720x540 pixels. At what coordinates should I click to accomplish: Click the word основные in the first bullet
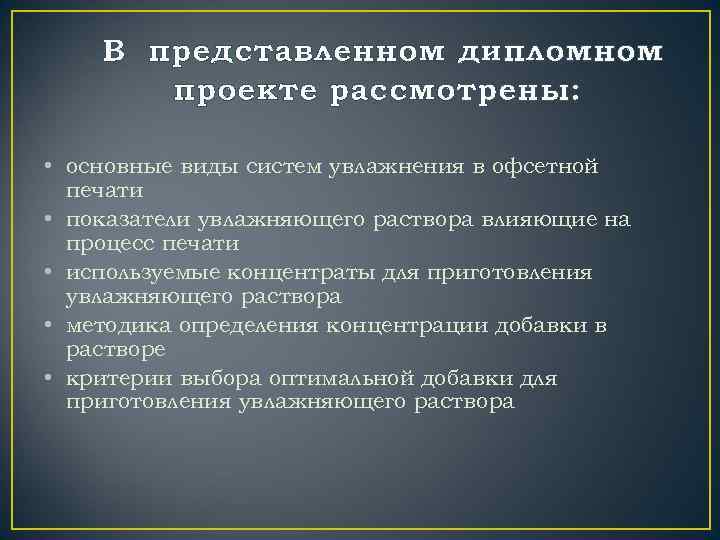click(110, 166)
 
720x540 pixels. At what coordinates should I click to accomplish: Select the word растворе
click(109, 350)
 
